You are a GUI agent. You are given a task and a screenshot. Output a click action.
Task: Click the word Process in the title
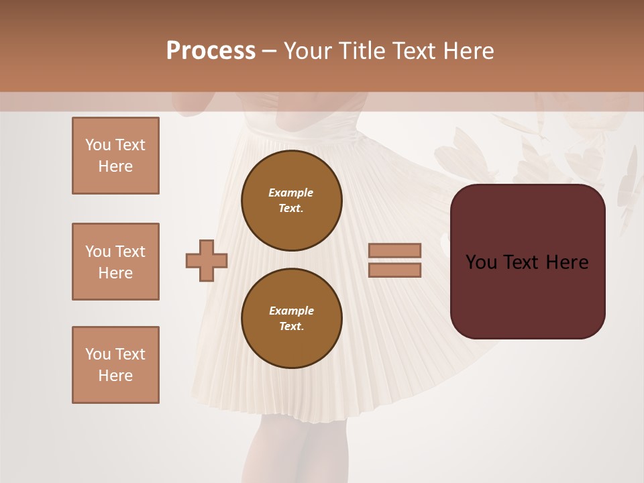(x=211, y=51)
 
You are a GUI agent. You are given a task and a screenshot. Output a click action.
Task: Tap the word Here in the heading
(x=469, y=51)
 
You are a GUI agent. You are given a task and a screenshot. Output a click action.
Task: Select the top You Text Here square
(x=115, y=156)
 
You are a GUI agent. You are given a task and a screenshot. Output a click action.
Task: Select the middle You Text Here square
(x=115, y=262)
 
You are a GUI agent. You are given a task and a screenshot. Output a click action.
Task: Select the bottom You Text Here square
(x=115, y=365)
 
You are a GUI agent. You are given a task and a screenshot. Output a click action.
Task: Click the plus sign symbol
(x=207, y=260)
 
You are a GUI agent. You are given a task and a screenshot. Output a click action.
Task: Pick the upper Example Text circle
(x=291, y=201)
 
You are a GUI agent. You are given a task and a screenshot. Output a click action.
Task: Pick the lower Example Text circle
(x=291, y=319)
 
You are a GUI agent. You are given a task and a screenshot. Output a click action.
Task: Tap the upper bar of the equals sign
(x=394, y=250)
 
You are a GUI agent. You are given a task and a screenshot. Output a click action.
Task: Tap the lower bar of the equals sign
(x=394, y=270)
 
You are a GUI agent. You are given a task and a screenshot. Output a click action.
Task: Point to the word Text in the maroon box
(x=521, y=262)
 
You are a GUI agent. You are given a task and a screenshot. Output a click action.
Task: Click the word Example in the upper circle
(x=291, y=193)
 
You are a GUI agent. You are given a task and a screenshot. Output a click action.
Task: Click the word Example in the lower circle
(x=291, y=311)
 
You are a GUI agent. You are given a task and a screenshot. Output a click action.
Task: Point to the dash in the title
(x=269, y=51)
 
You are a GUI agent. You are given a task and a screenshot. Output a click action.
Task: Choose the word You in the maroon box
(x=480, y=262)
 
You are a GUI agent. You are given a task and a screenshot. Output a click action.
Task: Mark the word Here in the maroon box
(x=568, y=262)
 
